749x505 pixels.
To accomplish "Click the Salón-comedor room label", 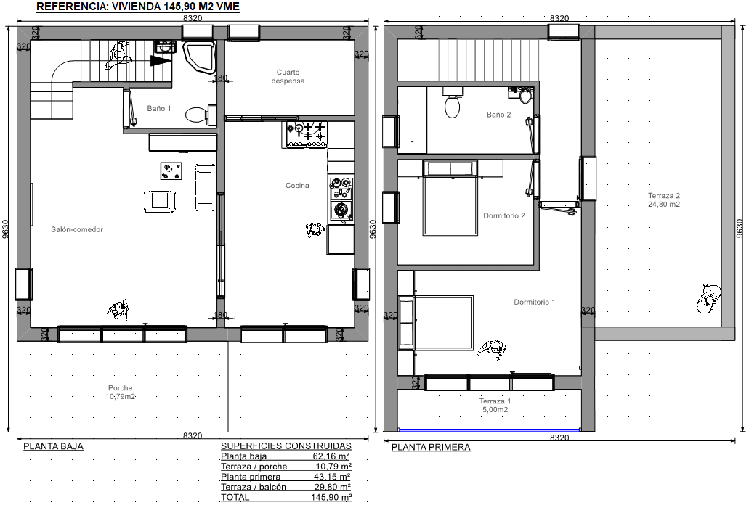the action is (77, 229).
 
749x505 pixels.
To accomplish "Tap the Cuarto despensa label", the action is (288, 76).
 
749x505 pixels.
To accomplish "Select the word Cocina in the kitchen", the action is (297, 186).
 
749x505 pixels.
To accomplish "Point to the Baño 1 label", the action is (158, 109).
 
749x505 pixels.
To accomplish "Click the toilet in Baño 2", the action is (452, 104).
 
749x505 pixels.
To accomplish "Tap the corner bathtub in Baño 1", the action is (200, 58).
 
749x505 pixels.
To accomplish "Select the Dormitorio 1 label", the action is (535, 302).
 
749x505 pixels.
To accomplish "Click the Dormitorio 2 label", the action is (504, 215).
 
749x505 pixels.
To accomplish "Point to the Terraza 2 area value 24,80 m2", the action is (664, 205).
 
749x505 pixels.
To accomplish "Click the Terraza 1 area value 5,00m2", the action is (495, 410).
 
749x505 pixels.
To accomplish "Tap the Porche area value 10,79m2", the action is (121, 397).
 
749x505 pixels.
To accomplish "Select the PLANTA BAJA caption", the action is (54, 446).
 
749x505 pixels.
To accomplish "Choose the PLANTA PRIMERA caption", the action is (431, 447).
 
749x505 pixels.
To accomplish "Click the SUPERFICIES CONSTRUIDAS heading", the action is (286, 446).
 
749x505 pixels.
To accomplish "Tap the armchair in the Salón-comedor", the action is (160, 200).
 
